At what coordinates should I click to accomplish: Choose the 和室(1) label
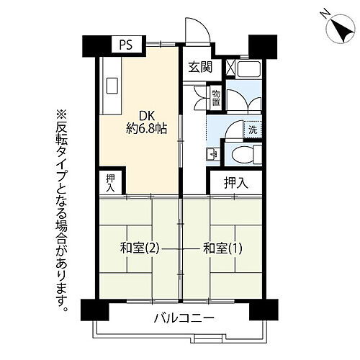(x=223, y=248)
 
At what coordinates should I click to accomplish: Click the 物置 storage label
(x=216, y=96)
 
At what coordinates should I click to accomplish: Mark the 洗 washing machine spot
(x=253, y=132)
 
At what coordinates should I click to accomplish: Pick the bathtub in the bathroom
(x=249, y=70)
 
